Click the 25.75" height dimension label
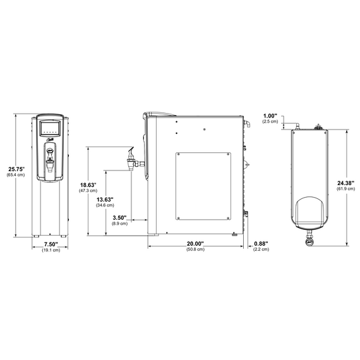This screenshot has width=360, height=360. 16,169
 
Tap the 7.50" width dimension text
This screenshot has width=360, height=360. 51,244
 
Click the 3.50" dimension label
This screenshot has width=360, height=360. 119,218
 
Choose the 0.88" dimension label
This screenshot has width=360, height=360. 261,244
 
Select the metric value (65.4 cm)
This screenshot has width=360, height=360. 16,175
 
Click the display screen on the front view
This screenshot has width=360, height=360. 51,129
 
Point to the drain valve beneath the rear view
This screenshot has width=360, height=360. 309,241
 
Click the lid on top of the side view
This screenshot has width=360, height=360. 162,113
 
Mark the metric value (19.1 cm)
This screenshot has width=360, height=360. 51,250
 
